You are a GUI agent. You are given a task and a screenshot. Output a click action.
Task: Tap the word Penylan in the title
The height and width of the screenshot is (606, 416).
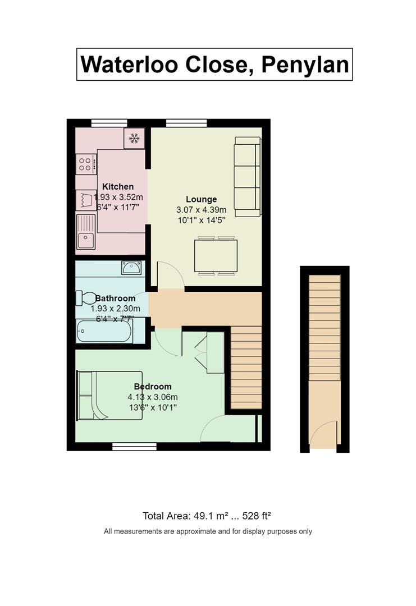[305, 65]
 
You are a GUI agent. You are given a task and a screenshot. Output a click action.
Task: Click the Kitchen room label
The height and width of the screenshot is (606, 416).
[118, 187]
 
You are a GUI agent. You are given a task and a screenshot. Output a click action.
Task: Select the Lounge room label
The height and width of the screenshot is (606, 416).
[201, 199]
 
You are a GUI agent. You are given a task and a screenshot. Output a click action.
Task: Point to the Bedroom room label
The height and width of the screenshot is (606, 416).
[153, 387]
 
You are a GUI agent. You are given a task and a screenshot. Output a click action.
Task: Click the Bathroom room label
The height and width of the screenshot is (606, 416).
[115, 299]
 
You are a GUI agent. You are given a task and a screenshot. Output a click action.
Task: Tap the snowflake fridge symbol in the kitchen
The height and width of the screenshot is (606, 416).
[134, 139]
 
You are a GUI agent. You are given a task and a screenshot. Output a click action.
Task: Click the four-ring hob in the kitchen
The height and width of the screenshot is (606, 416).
[86, 164]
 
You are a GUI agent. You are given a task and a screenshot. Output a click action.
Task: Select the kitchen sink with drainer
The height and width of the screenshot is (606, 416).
[86, 232]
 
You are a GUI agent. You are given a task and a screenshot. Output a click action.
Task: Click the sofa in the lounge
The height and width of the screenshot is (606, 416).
[248, 176]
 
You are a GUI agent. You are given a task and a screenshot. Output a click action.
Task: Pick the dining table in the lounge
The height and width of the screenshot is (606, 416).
[216, 255]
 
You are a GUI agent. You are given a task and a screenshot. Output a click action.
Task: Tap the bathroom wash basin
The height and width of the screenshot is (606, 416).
[131, 268]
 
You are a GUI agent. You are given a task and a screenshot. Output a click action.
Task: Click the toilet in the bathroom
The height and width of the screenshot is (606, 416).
[86, 298]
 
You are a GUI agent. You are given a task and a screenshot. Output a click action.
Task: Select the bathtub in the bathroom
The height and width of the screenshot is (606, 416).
[104, 331]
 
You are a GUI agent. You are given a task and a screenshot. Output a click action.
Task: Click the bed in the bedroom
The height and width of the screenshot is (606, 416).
[110, 396]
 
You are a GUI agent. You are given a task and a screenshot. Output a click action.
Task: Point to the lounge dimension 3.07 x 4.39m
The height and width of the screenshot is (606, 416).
[201, 210]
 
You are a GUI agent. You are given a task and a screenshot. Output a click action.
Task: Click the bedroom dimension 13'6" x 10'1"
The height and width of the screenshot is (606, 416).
[153, 407]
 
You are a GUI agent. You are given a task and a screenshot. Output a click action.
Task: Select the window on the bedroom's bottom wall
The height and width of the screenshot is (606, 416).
[135, 447]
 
